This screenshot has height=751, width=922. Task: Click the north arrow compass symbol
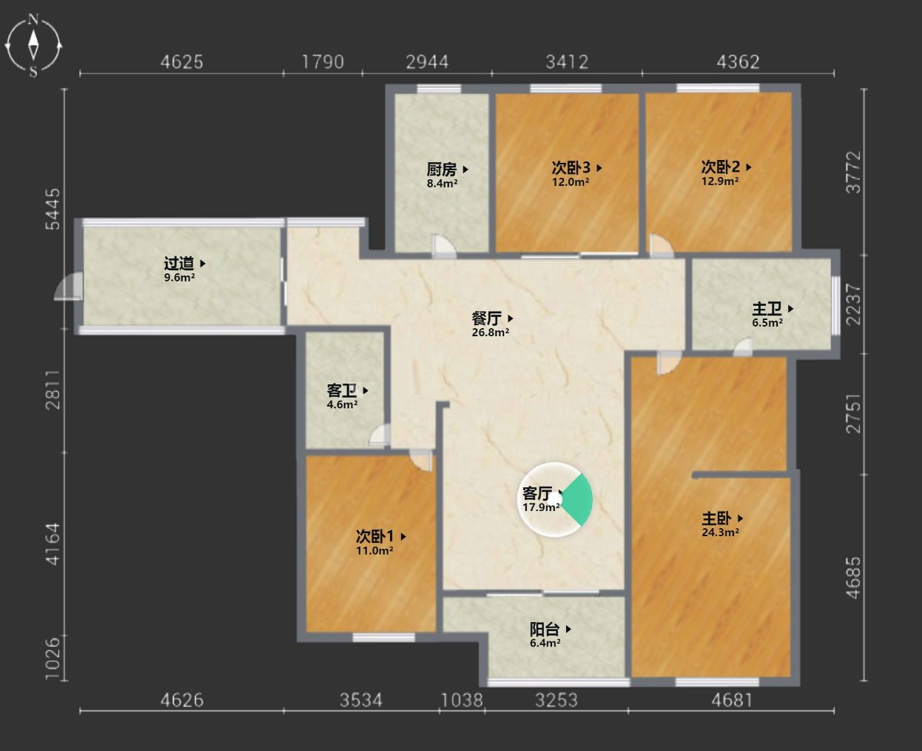coord(33,45)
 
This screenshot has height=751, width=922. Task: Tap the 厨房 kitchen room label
coord(442,169)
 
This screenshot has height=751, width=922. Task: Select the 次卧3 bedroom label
coord(571,167)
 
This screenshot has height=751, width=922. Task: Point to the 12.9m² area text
coord(720,181)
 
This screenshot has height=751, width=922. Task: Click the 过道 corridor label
coord(179,263)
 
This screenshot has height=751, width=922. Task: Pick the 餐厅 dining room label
coord(487,318)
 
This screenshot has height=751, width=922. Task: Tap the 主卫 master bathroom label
coord(767,309)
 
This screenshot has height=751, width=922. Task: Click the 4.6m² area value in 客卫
coord(342,404)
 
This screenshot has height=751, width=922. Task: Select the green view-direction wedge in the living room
coord(577,500)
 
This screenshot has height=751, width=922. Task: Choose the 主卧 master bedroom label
coord(716,518)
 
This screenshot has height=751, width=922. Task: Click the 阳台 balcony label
coord(545,629)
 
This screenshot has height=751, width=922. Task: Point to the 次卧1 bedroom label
coord(375,537)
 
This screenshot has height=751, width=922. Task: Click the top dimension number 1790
coord(323,62)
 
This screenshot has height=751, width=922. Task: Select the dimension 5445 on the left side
coord(53,209)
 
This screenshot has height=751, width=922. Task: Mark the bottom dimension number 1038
coord(462,701)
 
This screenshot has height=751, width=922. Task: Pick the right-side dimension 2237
coord(853,304)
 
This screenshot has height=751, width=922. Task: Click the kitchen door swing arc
coord(444,246)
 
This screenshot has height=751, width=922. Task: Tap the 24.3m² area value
coord(720,533)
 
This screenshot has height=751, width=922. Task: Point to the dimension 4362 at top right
coord(738,62)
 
